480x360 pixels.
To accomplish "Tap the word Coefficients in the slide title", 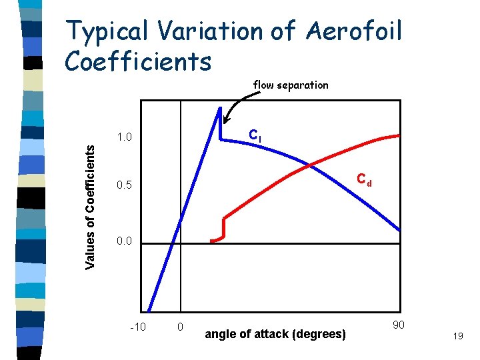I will [x=139, y=61].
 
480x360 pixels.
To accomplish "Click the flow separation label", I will [x=291, y=85].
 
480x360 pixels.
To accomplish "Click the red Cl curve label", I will [x=255, y=135].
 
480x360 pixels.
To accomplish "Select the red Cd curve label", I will [x=364, y=179].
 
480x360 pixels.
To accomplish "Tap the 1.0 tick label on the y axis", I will [x=125, y=138].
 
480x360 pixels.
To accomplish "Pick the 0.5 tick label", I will [x=125, y=186].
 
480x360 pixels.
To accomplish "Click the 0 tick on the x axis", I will [x=181, y=327].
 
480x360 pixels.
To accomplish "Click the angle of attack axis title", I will [x=275, y=334].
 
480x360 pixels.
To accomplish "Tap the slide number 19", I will [x=457, y=338].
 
